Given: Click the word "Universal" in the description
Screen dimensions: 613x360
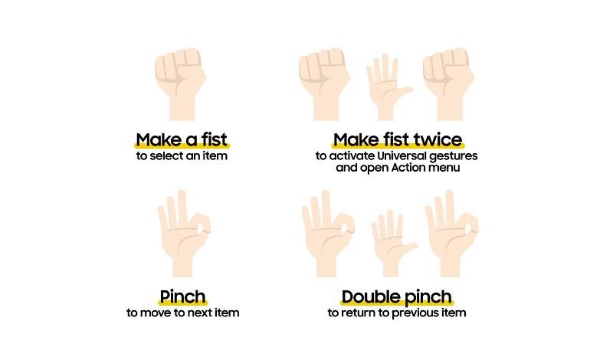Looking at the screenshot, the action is pos(402,155).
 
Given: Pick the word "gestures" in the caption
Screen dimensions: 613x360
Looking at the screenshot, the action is pos(454,156).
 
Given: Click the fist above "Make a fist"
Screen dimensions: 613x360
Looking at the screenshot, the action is pos(181,84).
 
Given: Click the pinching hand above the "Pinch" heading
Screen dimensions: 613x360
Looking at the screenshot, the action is pos(184,234).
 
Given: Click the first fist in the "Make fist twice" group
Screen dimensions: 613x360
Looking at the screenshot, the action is pos(324,84).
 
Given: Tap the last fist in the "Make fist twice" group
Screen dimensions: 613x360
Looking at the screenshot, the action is pos(448,84).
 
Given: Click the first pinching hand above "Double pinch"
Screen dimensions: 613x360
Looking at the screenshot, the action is pos(328,234).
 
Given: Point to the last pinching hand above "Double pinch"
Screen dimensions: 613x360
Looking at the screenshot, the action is pos(452,234).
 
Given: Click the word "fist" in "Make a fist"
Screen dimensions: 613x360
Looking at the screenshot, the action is pos(215,139).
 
